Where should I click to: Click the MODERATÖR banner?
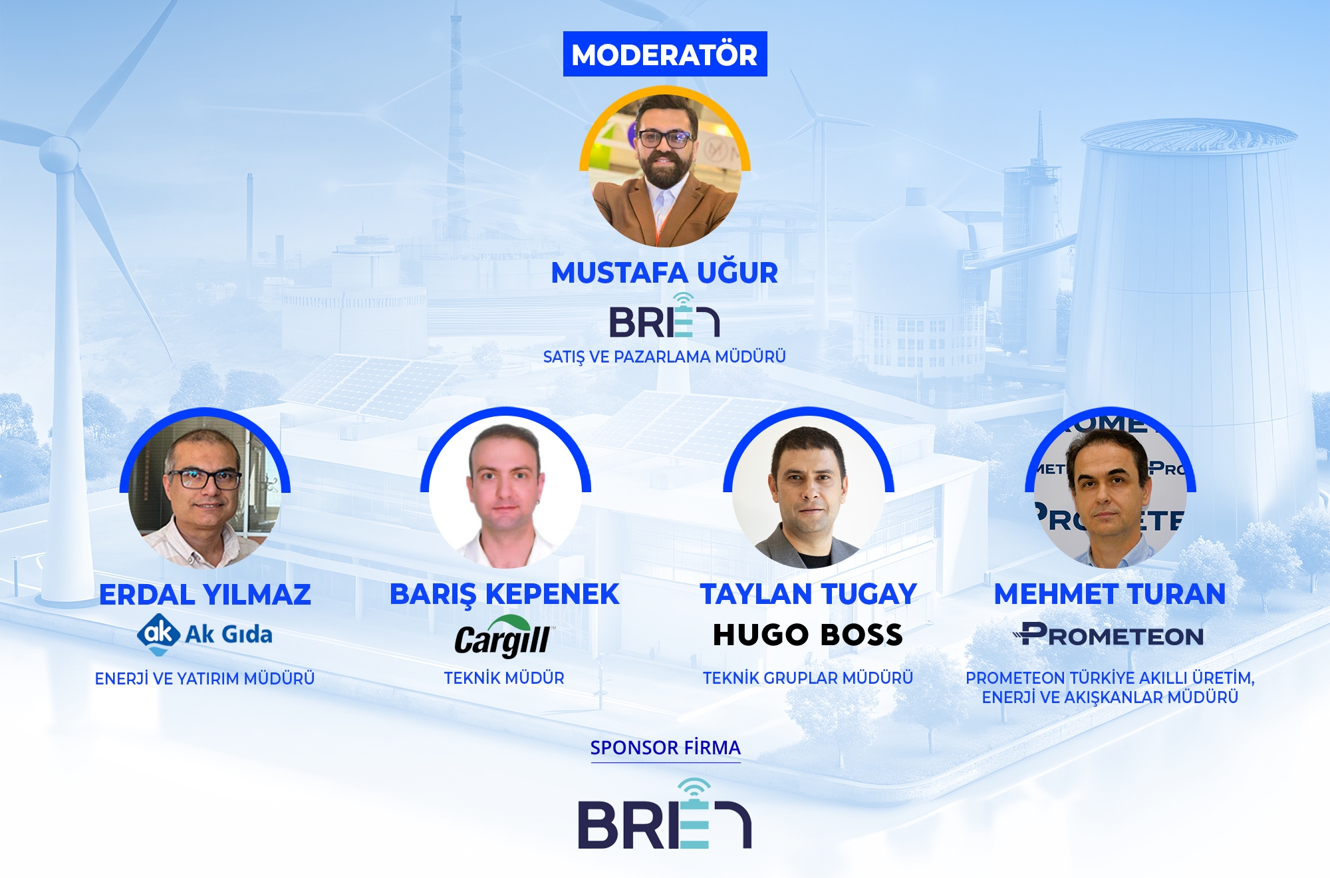[x=665, y=54]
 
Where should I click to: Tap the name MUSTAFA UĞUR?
[x=664, y=273]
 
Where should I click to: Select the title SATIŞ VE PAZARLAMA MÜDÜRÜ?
[x=664, y=357]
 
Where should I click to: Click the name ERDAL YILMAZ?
[x=205, y=595]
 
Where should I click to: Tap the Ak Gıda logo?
[x=205, y=634]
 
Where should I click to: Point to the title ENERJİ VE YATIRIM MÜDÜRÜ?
[x=205, y=678]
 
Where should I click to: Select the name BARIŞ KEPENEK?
[x=505, y=595]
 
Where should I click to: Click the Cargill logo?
[x=504, y=637]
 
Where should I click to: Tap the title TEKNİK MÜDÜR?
[x=504, y=678]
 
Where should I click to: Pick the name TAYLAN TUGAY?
[x=809, y=594]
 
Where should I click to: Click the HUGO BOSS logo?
[x=808, y=635]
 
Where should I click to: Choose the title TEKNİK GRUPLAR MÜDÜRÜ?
[x=808, y=678]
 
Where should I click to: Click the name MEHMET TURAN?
[x=1110, y=594]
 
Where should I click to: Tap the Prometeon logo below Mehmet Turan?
[x=1109, y=635]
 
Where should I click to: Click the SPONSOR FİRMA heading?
[x=666, y=748]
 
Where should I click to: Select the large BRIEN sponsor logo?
[x=665, y=814]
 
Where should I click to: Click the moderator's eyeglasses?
[x=665, y=139]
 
